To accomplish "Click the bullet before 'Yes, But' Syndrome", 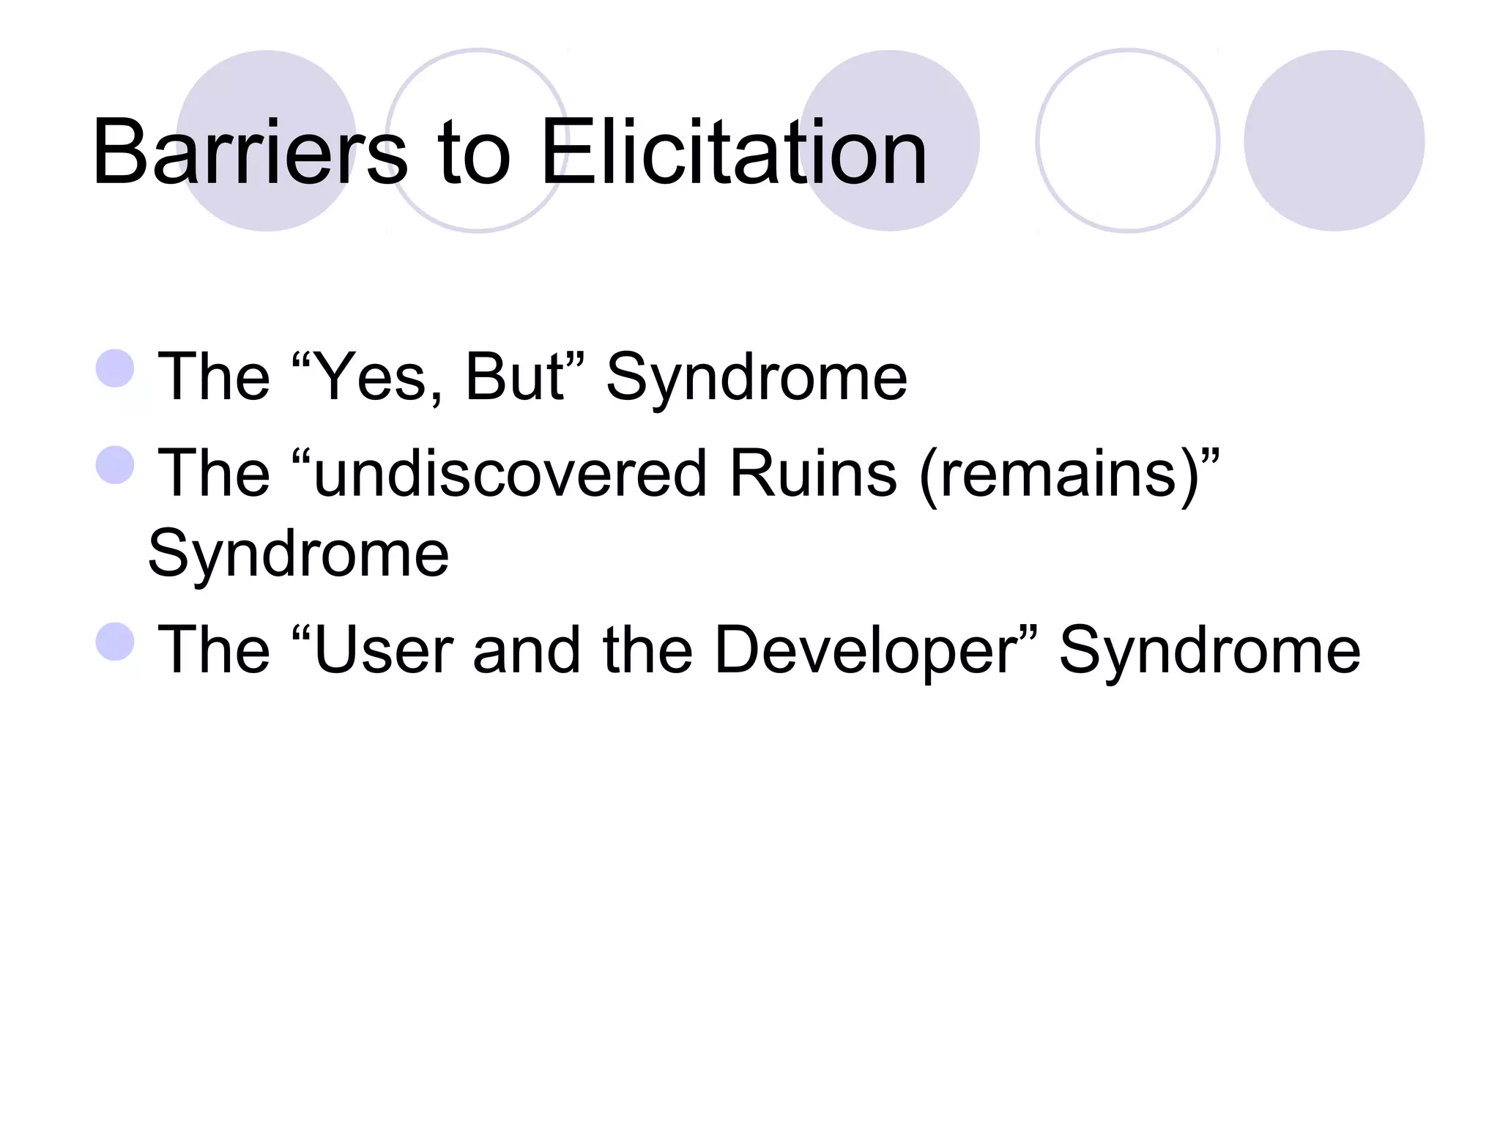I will click(115, 368).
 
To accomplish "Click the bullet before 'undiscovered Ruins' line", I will click(115, 465).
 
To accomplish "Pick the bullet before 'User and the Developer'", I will click(115, 642).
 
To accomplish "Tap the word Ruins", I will click(812, 474).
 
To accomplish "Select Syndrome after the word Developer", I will click(1209, 651).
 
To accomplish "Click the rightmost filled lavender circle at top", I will click(1334, 141).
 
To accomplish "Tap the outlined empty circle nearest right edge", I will click(1127, 141).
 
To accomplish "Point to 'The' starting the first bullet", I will click(214, 376).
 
